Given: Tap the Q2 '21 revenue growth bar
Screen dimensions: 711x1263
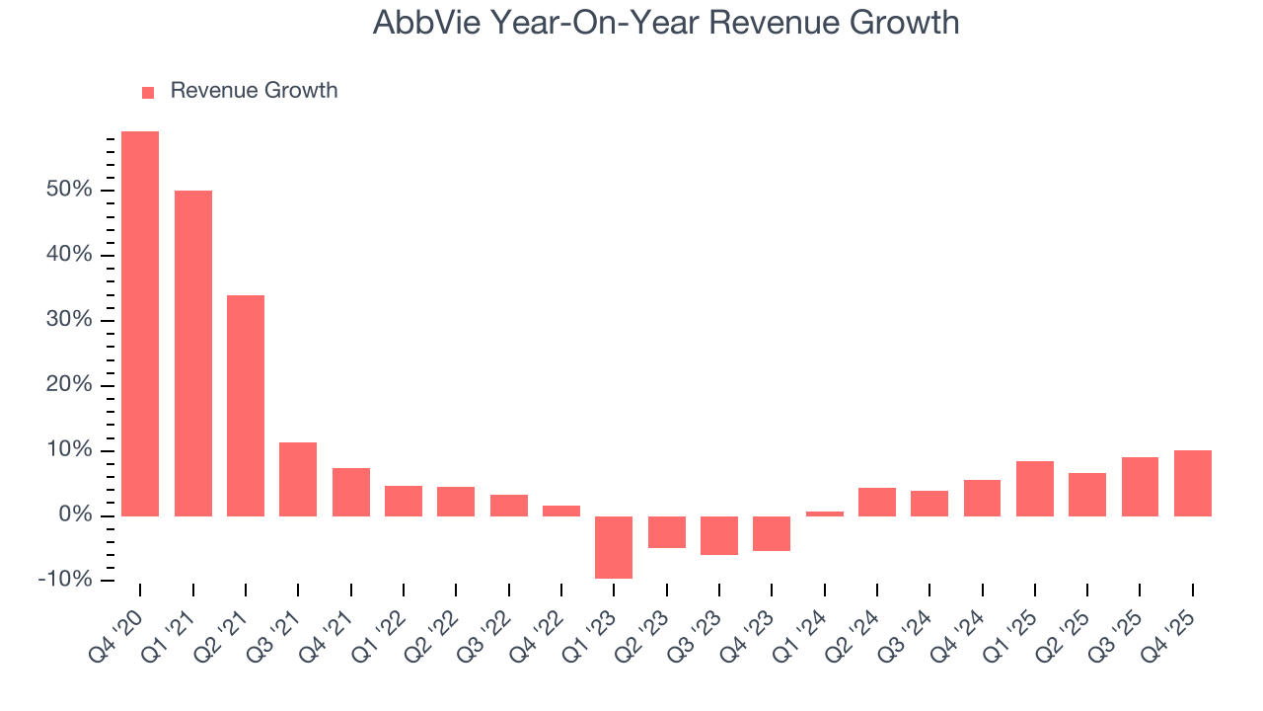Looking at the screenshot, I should point(246,406).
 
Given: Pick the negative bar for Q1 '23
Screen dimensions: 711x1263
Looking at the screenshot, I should point(614,547).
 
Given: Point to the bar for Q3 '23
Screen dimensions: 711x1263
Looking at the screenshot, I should point(719,535).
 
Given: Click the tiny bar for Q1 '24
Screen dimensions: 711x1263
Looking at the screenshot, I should point(825,513).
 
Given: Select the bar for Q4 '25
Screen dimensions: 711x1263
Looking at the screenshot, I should point(1193,483).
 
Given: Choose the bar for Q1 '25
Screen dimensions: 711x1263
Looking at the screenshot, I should point(1035,489).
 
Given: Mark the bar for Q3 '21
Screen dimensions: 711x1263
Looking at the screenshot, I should point(298,479).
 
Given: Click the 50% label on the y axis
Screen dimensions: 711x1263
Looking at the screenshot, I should point(69,190).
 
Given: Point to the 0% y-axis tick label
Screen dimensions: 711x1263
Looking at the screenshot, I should point(75,515).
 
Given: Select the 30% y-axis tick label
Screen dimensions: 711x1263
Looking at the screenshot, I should point(69,320).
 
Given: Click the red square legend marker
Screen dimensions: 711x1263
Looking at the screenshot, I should point(148,93).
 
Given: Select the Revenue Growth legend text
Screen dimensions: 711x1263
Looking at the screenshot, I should point(254,91).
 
